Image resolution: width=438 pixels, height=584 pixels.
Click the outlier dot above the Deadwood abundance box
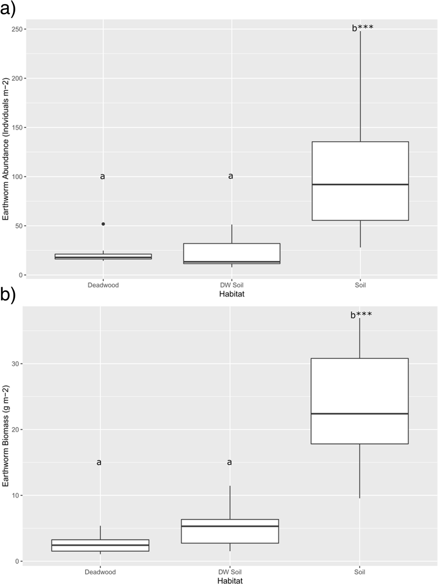tap(103, 224)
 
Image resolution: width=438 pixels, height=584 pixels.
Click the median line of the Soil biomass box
tap(359, 413)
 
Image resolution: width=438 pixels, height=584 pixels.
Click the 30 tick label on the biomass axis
tap(15, 364)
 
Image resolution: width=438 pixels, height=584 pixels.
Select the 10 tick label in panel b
tap(15, 495)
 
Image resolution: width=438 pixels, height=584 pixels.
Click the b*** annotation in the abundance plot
tap(362, 28)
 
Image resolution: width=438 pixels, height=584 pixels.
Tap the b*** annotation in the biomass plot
tap(361, 315)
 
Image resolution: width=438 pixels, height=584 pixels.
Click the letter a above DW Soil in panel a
tap(231, 176)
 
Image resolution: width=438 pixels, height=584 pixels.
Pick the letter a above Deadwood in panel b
tap(99, 462)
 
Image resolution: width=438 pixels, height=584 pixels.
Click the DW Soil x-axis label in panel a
tap(231, 285)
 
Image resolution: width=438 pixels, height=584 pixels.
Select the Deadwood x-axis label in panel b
tap(100, 572)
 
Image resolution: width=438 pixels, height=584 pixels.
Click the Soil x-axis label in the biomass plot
tap(359, 572)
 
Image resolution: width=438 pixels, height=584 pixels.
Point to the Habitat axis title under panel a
tap(231, 294)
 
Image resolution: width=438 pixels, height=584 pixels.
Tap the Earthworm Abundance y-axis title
tap(6, 148)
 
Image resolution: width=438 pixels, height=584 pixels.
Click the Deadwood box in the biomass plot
tap(100, 545)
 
